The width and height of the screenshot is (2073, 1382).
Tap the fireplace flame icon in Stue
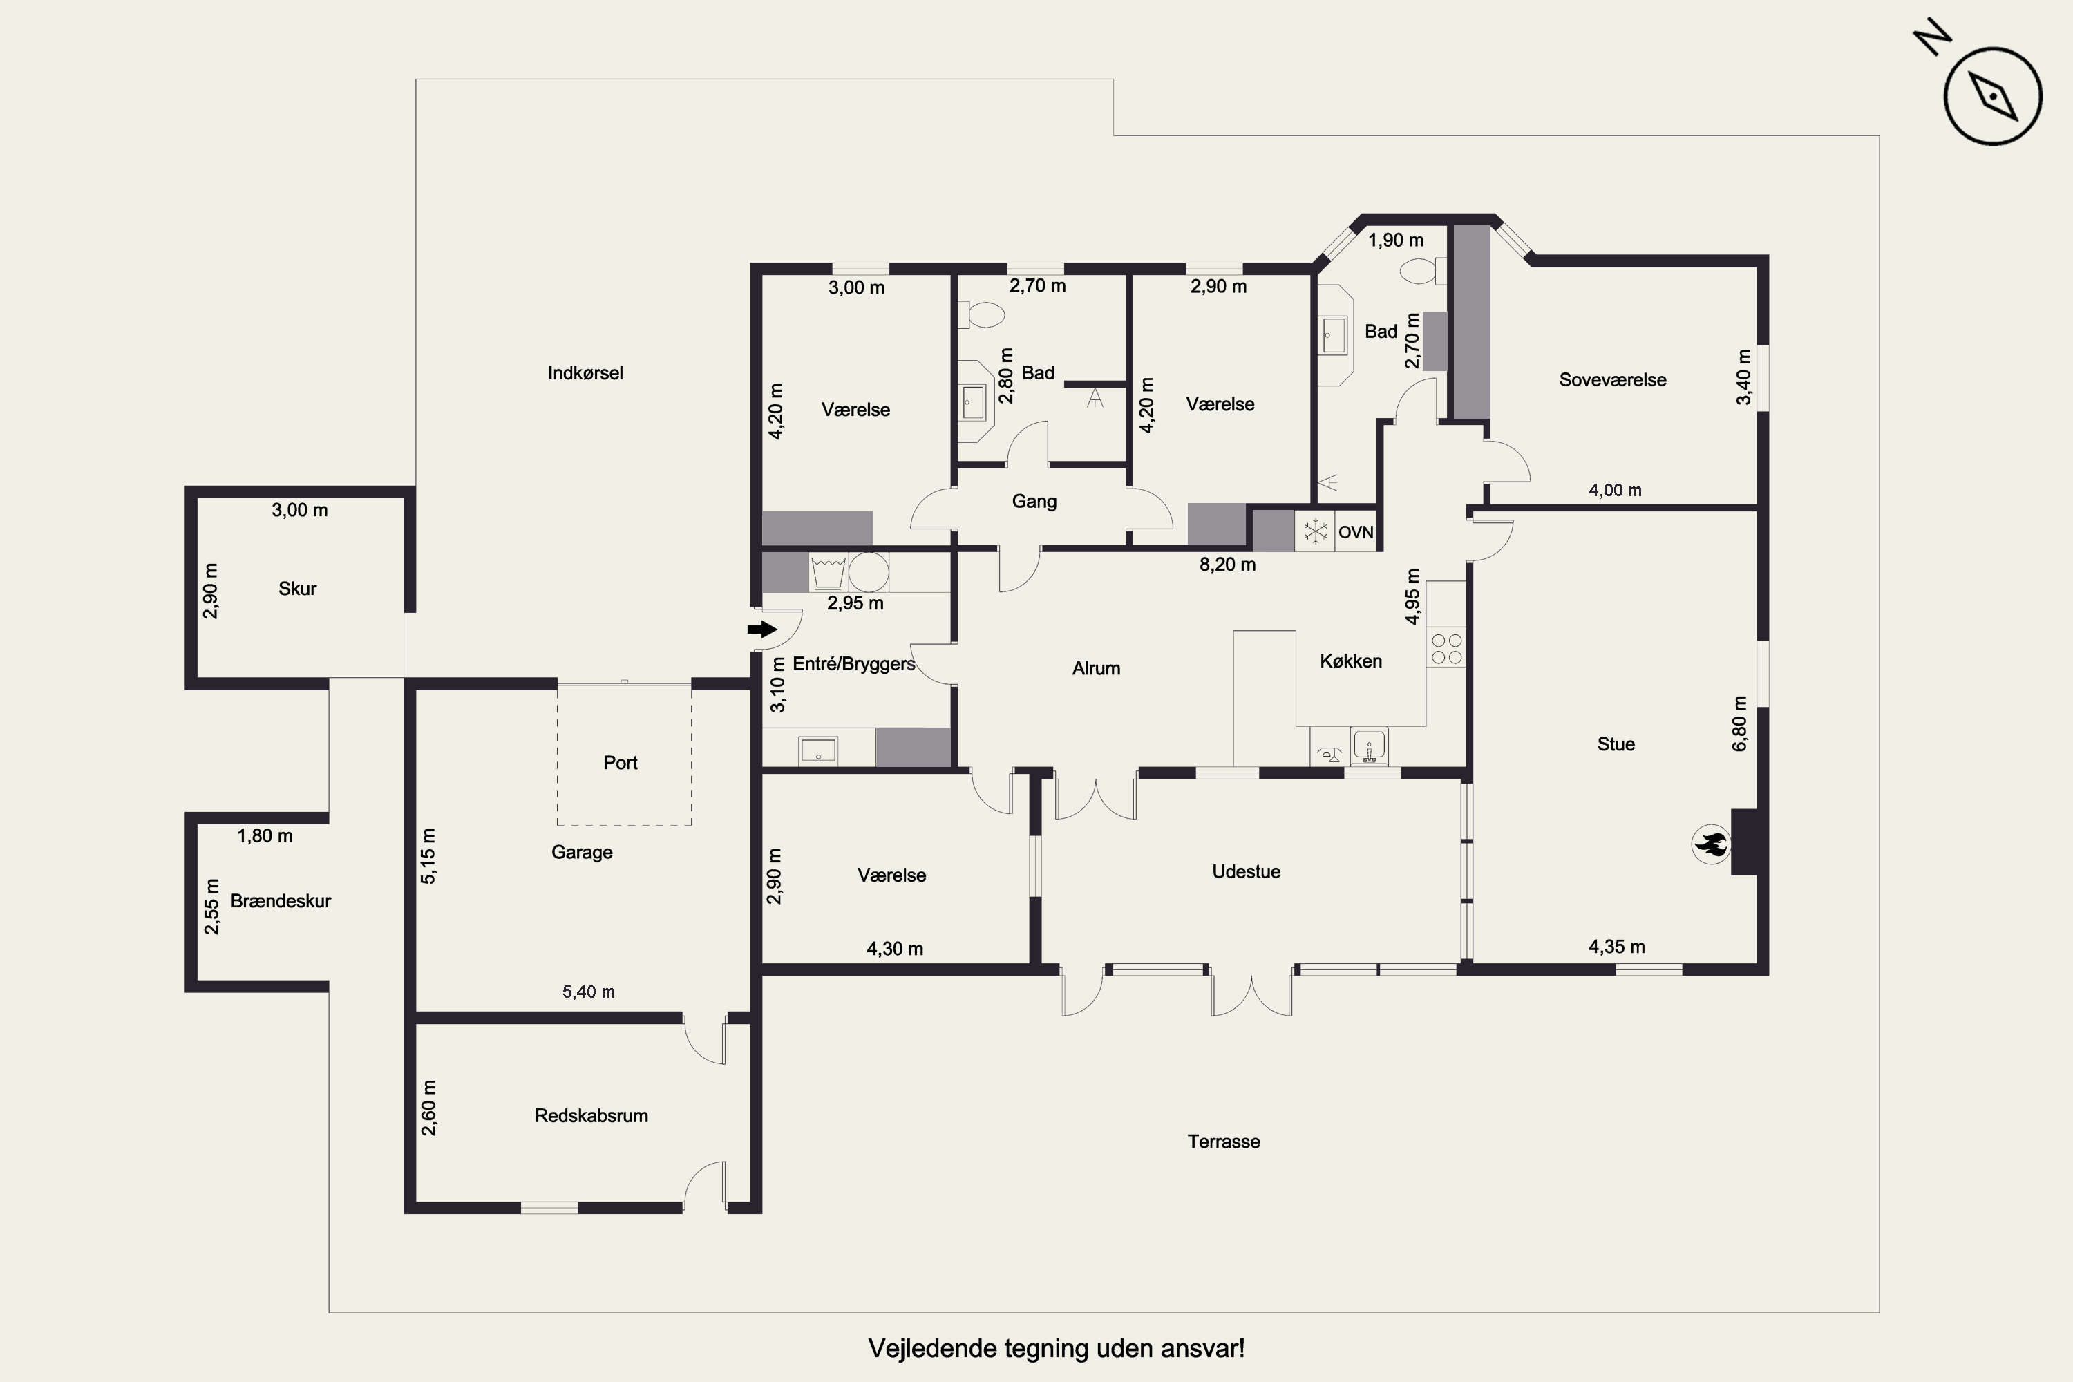1711,844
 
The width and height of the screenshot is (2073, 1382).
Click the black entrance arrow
762,630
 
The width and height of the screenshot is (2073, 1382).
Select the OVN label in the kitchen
1356,532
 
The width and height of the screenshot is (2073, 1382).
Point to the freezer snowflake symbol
1315,531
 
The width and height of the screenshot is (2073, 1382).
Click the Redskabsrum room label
591,1116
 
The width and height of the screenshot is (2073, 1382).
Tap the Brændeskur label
281,901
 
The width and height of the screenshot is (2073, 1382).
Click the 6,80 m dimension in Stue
1740,723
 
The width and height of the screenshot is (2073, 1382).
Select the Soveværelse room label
1613,380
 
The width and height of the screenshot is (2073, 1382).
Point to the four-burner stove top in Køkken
1446,649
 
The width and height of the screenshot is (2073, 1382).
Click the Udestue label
1247,871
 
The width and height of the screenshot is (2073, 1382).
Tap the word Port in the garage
621,762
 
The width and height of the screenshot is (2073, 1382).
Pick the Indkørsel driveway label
585,373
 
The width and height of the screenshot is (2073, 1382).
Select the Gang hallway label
1034,502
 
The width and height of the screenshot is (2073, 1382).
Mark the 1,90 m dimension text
1395,240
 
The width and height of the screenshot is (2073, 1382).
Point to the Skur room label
297,589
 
